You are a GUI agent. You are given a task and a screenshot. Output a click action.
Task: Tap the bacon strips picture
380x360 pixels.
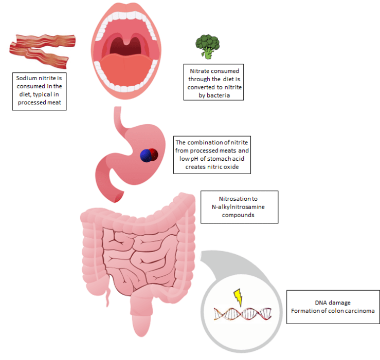click(43, 50)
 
